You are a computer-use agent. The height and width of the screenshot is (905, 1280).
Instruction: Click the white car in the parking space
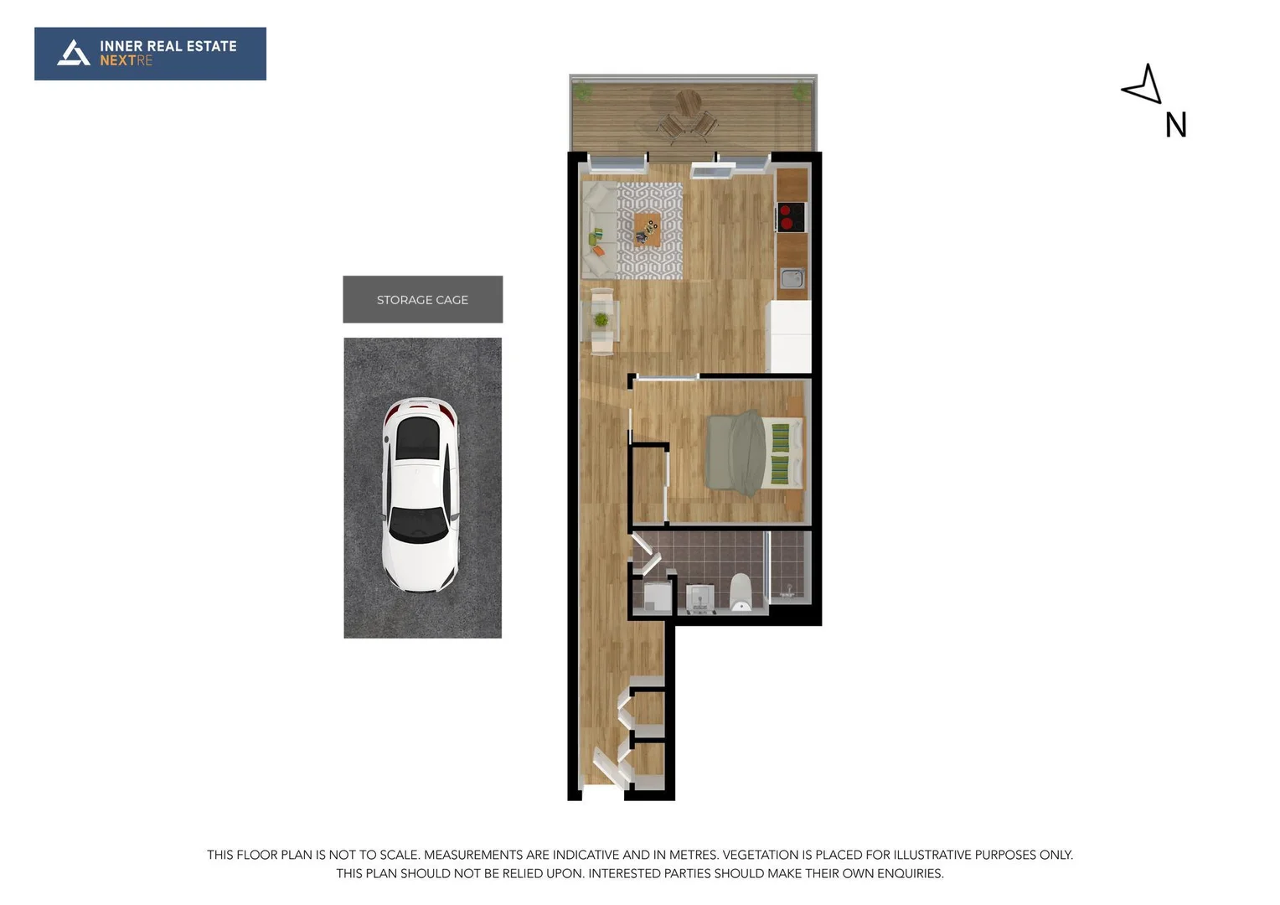[421, 494]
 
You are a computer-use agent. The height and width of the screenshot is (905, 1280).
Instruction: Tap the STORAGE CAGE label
[422, 300]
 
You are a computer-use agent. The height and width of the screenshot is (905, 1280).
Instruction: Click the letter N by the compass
[1175, 126]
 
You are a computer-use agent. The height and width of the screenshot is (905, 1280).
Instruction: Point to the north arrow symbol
[1144, 85]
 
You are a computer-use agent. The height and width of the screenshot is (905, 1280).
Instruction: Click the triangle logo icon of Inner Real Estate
[74, 53]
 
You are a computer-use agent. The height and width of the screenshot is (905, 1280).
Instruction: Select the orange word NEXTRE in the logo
[126, 60]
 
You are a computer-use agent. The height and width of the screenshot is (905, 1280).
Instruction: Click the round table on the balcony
[689, 104]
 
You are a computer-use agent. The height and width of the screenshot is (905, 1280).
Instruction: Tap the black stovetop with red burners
[792, 217]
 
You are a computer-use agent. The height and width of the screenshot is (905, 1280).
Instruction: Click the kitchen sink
[792, 278]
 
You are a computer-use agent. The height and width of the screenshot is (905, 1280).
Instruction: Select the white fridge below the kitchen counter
[790, 336]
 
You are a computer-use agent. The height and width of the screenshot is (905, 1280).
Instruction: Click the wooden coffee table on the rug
[647, 228]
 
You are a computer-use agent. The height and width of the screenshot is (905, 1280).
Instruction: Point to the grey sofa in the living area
[598, 230]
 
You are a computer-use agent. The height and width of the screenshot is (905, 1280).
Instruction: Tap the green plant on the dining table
[601, 319]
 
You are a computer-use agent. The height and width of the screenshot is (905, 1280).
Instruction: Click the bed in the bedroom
[753, 452]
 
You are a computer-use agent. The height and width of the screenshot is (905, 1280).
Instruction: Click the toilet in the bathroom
[741, 592]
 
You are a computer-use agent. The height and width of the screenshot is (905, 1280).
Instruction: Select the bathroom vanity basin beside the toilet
[699, 597]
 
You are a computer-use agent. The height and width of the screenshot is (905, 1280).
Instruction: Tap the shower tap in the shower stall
[788, 591]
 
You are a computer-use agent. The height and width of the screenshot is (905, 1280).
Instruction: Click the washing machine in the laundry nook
[657, 596]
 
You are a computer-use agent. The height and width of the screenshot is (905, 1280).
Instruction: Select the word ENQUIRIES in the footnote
[910, 873]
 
